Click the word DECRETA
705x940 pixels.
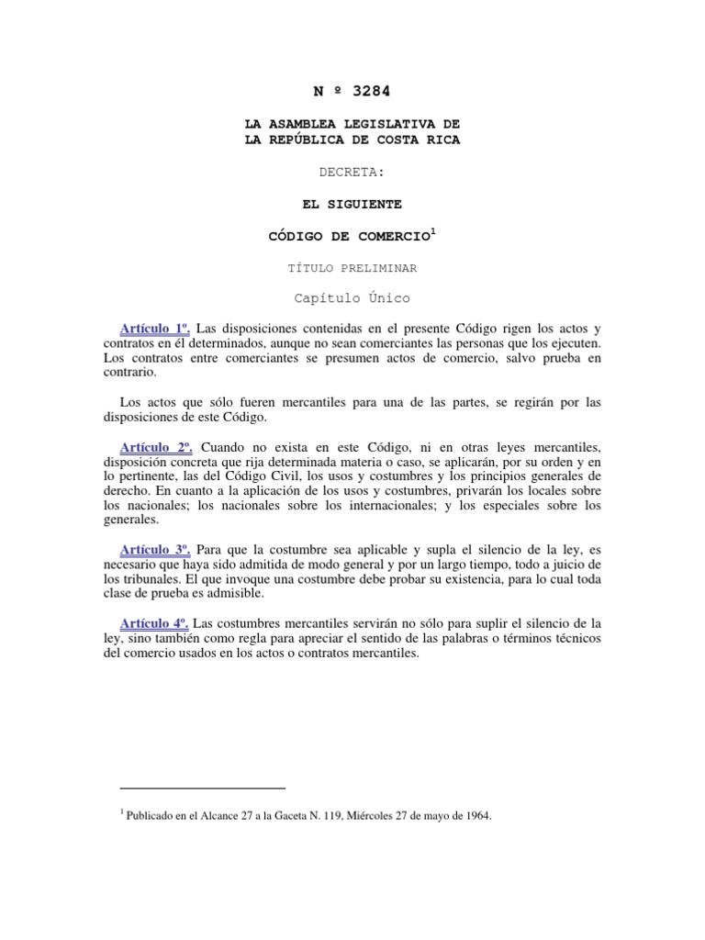[352, 172]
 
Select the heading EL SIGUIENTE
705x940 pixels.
[352, 204]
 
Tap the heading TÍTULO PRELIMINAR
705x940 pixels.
[352, 267]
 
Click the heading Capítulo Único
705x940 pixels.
[352, 299]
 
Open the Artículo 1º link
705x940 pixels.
[155, 329]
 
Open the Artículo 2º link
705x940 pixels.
[155, 446]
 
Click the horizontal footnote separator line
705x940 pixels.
[203, 788]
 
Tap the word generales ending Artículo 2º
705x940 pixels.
[131, 520]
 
